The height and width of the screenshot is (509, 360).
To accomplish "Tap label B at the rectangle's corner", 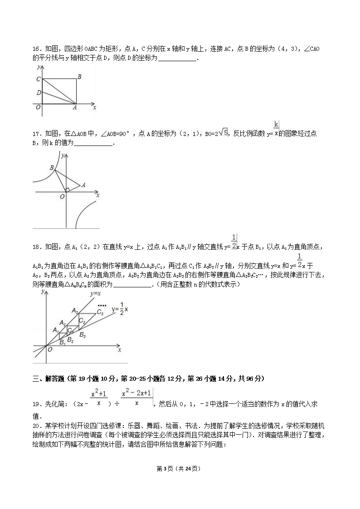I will tap(79, 77).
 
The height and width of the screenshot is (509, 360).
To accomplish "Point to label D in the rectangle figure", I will tap(39, 93).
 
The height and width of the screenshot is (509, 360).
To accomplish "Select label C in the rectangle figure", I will tap(39, 79).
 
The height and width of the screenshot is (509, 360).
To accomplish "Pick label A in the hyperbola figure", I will tap(83, 185).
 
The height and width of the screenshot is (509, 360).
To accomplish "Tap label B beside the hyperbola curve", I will tap(52, 168).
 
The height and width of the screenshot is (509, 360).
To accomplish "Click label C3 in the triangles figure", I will tap(100, 313).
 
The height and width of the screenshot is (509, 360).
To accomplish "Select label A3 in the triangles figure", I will tap(75, 310).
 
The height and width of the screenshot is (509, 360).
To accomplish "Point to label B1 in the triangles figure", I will tap(63, 343).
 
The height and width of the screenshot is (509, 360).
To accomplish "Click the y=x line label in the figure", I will tap(95, 294).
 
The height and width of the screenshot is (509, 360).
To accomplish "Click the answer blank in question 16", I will tap(177, 58).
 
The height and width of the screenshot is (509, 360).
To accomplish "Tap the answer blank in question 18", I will tap(134, 285).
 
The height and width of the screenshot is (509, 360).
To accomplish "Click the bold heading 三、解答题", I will tap(49, 378).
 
